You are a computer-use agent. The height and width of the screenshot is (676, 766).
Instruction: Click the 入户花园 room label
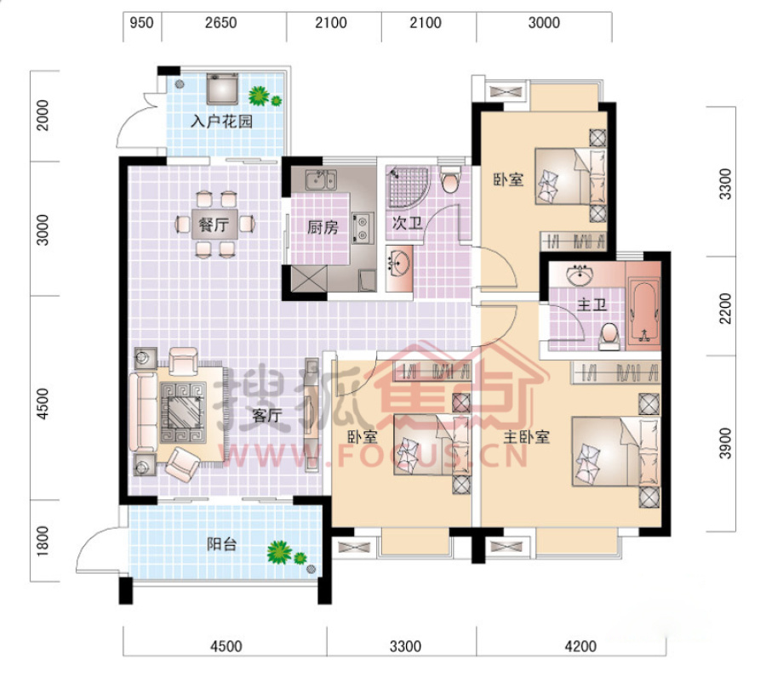(x=221, y=122)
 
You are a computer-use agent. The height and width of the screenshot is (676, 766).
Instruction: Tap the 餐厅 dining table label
(x=214, y=225)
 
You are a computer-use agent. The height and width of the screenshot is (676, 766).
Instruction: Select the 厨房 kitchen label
(x=323, y=227)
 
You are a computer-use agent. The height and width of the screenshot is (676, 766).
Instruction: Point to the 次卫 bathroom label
(x=407, y=224)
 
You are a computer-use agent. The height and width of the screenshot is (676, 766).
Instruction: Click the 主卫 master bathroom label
(x=592, y=305)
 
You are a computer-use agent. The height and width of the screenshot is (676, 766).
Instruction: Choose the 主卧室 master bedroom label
(x=527, y=437)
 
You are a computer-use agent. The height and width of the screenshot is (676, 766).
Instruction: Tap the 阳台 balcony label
(x=222, y=543)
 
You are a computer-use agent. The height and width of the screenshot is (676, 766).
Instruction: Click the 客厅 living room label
(x=266, y=416)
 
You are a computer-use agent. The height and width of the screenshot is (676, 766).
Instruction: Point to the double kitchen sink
(x=321, y=179)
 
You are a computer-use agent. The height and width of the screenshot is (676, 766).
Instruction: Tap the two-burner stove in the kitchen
(x=363, y=228)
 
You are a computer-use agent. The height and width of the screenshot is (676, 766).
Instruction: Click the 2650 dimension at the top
(x=220, y=23)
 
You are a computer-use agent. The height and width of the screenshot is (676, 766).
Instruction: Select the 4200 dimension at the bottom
(x=580, y=647)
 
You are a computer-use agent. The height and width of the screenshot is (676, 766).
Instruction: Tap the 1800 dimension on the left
(x=43, y=541)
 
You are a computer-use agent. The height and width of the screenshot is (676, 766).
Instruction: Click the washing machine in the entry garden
(x=222, y=88)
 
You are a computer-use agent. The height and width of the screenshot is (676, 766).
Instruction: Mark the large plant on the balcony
(x=279, y=553)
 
